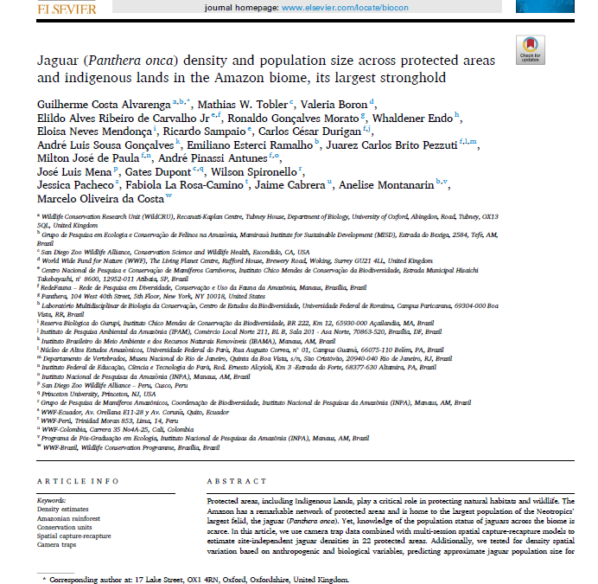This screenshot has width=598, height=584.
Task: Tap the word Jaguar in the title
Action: [x=61, y=60]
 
